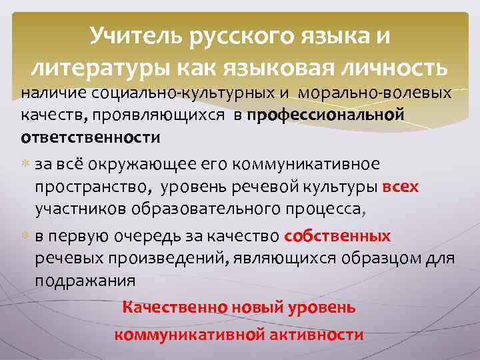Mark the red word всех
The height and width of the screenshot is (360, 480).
[x=401, y=187]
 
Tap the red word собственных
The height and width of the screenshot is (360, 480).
[x=337, y=237]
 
